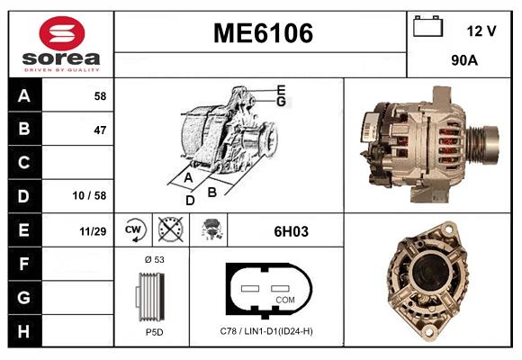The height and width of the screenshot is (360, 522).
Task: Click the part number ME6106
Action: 263,33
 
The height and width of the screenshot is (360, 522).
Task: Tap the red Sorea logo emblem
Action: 62,33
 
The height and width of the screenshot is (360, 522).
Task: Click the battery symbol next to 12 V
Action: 427,26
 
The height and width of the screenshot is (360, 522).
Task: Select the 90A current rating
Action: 464,60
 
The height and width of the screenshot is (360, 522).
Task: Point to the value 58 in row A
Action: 100,96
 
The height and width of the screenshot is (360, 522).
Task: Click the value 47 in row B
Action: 100,130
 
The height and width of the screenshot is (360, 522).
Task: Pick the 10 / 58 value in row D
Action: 89,195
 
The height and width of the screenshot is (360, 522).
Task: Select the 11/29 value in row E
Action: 93,231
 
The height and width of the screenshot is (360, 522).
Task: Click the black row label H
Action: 24,331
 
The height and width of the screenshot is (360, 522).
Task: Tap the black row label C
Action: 24,163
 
